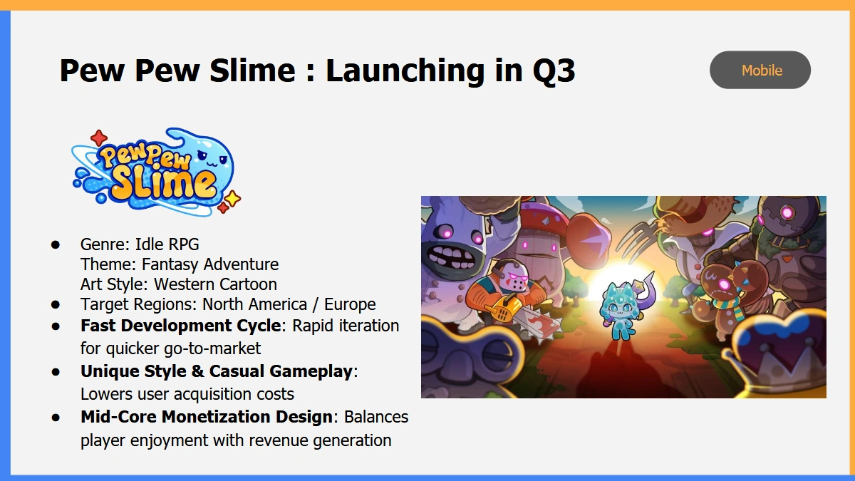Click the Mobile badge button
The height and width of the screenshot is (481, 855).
(760, 70)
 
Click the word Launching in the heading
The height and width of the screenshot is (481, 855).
(405, 71)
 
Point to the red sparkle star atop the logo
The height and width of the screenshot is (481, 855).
(99, 138)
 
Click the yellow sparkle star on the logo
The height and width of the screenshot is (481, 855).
(232, 199)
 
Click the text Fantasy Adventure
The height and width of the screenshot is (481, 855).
(210, 264)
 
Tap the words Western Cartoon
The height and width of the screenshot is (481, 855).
(215, 284)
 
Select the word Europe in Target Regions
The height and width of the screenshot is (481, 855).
(350, 305)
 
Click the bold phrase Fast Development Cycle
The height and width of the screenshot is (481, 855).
(181, 326)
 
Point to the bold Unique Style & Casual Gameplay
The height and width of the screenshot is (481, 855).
(217, 371)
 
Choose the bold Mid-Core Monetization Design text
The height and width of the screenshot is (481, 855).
(207, 417)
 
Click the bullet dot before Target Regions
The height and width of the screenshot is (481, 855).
(56, 305)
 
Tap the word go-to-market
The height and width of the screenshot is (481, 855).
(212, 348)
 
